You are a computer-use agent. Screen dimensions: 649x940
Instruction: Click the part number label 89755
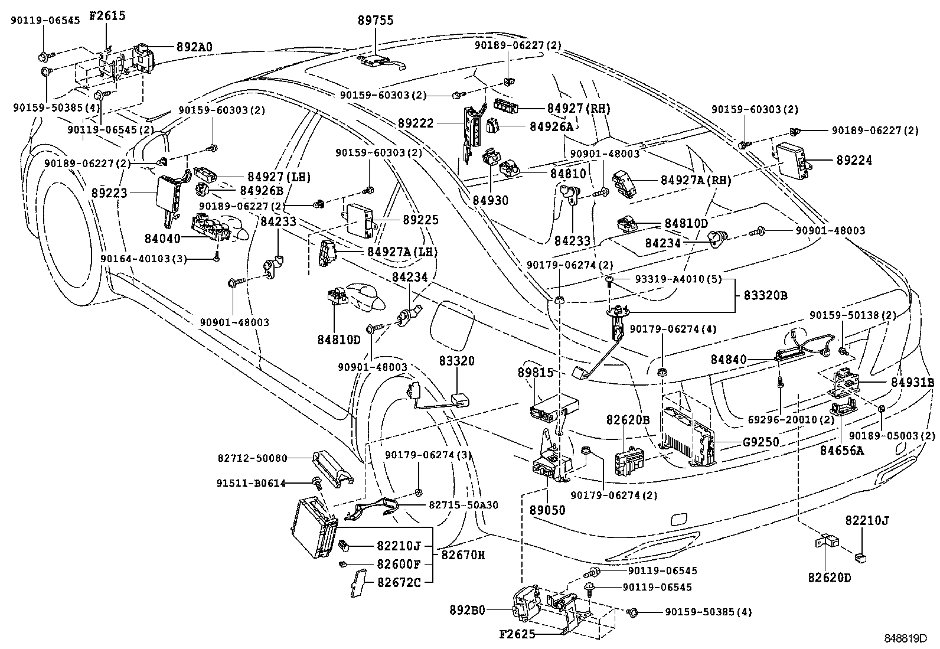click(x=376, y=21)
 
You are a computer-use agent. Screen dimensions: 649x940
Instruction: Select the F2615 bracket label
click(x=107, y=15)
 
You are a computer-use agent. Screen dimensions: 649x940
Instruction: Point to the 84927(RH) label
click(x=578, y=108)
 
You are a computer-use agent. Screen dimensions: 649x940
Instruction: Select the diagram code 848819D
click(x=906, y=638)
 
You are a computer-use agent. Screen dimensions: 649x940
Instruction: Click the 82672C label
click(x=399, y=582)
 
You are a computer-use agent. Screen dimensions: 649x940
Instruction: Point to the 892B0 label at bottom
click(x=467, y=611)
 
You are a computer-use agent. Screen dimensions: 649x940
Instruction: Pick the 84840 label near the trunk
click(x=729, y=359)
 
